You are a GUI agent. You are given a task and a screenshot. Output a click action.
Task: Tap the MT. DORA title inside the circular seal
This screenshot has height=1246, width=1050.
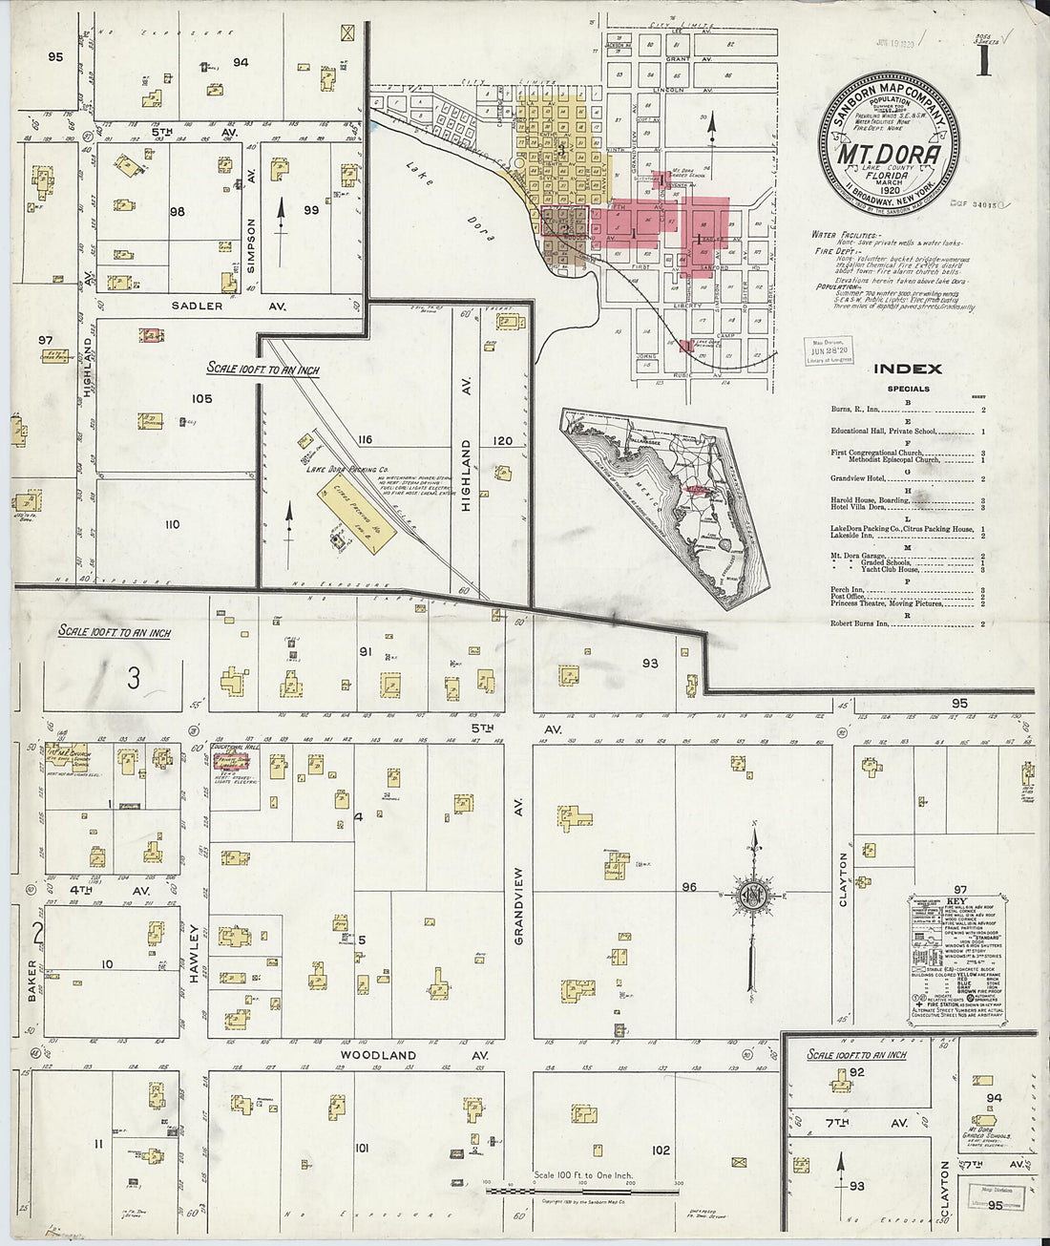888,154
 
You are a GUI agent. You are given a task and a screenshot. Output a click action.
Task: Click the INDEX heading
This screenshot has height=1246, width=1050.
907,370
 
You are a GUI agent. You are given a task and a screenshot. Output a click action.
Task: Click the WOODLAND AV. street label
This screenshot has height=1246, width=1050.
413,1055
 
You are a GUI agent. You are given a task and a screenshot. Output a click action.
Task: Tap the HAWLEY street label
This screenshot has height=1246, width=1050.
195,945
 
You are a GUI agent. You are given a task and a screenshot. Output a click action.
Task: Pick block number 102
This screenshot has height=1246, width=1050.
660,1151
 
